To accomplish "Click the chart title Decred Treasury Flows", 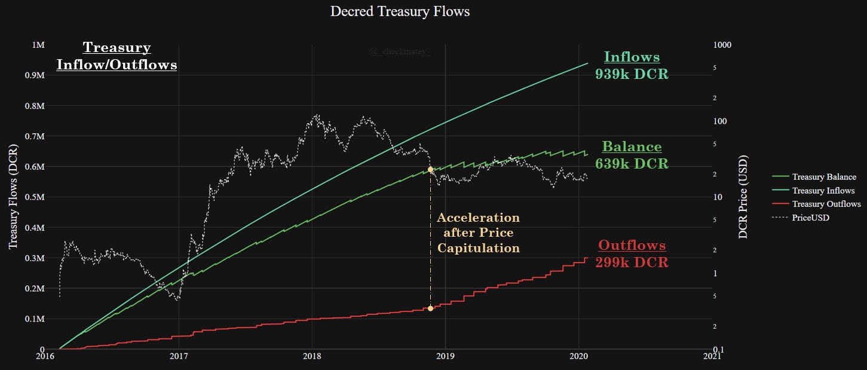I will point(400,11).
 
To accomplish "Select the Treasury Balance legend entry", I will point(824,177).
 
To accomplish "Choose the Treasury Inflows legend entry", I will point(823,191).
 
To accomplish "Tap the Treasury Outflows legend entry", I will point(826,204).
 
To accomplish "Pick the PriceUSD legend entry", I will point(810,218).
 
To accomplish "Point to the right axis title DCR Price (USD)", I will point(743,197).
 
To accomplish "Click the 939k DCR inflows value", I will point(632,74).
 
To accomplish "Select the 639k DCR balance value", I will point(632,163).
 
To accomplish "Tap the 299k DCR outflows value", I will point(632,262).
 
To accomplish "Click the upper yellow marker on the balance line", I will point(430,170).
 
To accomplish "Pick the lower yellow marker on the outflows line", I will point(430,308).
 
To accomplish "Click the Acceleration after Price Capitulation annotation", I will point(478,233).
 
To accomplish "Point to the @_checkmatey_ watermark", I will point(400,53).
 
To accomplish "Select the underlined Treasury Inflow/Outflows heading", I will point(117,56).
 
